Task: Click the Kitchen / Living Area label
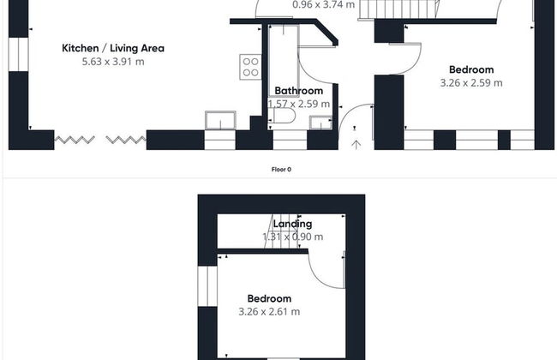[x=113, y=48]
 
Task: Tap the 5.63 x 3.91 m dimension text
[x=113, y=62]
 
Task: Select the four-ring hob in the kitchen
[x=250, y=67]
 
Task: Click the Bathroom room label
[x=299, y=91]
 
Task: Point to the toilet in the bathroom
[x=282, y=116]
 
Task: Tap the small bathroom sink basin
[x=320, y=123]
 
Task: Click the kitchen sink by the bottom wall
[x=220, y=120]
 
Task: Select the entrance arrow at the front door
[x=356, y=145]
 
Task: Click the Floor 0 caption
[x=281, y=170]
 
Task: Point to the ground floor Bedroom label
[x=471, y=69]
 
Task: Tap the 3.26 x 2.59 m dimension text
[x=471, y=83]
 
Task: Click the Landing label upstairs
[x=292, y=224]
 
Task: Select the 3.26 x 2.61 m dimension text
[x=269, y=312]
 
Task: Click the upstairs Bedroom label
[x=269, y=298]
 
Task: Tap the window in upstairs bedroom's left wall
[x=207, y=286]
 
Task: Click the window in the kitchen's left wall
[x=18, y=54]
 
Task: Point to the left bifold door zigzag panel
[x=75, y=140]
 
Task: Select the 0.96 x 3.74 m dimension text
[x=323, y=4]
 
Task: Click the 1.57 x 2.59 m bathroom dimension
[x=299, y=104]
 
